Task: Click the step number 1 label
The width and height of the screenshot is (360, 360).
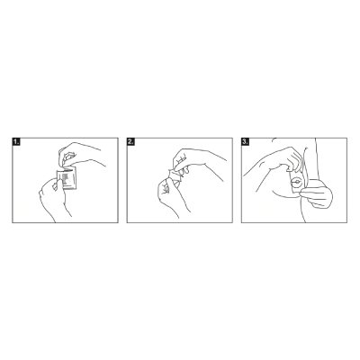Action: point(16,142)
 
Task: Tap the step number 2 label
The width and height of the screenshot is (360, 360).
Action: point(130,142)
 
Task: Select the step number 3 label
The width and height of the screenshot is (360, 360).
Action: point(246,142)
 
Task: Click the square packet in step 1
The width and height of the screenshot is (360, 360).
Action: point(67,179)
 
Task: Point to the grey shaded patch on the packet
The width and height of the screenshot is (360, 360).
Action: point(67,178)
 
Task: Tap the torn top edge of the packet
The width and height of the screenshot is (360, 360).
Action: point(66,170)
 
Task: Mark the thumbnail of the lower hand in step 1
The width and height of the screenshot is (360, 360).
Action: point(55,186)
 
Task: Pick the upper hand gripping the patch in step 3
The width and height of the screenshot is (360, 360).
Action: point(288,159)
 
